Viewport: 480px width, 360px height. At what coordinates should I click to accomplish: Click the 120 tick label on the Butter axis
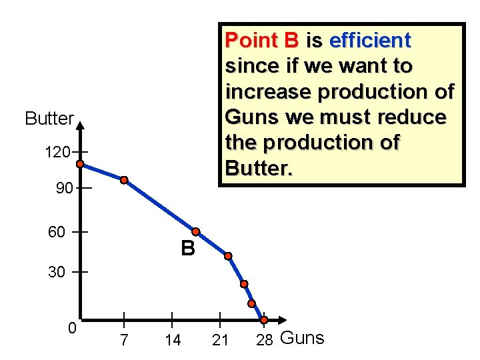[57, 153]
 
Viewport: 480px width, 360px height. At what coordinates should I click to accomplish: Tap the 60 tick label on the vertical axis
[57, 232]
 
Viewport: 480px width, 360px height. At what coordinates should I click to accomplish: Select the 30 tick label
[57, 272]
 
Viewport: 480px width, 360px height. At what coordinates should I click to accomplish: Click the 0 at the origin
[72, 328]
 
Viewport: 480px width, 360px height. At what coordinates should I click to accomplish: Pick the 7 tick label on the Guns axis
[123, 340]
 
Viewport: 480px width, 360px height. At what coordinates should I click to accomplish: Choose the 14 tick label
[172, 340]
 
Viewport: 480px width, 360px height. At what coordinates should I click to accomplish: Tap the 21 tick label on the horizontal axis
[220, 340]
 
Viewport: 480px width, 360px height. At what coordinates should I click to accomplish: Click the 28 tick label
[265, 340]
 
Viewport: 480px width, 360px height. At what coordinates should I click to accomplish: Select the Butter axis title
[49, 119]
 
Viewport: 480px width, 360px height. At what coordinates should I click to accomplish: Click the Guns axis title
[302, 338]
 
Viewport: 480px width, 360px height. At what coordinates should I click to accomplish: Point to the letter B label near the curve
[187, 249]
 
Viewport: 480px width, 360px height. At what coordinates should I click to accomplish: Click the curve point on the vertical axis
[79, 164]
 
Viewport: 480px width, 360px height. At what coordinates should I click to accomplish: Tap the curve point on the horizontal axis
[264, 320]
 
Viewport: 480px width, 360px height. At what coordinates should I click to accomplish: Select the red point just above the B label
[196, 231]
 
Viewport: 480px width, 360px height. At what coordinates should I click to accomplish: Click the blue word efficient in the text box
[369, 41]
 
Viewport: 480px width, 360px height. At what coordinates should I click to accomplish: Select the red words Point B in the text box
[262, 41]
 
